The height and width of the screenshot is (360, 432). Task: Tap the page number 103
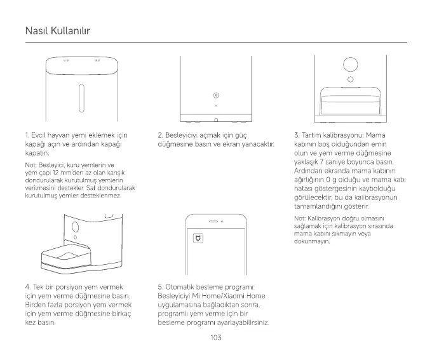point(215,337)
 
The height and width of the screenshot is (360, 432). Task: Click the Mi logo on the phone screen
point(198,239)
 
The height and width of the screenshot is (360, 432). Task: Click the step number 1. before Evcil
point(27,135)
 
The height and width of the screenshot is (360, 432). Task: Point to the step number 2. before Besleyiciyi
point(160,135)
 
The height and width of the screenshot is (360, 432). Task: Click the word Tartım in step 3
point(311,135)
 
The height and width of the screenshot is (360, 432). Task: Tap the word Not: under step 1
point(31,165)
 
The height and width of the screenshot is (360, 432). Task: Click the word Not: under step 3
point(300,219)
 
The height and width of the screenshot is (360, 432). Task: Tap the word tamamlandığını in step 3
point(320,207)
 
